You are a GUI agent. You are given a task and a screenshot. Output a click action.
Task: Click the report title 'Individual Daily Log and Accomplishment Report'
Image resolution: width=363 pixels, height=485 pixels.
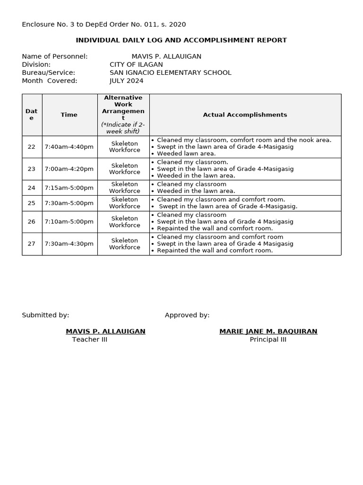[x=181, y=40]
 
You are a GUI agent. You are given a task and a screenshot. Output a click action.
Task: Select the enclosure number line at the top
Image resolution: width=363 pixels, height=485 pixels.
[x=104, y=25]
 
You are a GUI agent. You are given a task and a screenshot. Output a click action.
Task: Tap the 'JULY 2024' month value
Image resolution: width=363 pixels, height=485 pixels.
[x=126, y=81]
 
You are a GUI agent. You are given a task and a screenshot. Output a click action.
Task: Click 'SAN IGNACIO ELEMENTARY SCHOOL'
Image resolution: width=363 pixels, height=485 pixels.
[x=170, y=73]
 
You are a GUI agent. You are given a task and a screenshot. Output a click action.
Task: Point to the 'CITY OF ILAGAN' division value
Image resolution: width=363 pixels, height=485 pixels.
[x=136, y=65]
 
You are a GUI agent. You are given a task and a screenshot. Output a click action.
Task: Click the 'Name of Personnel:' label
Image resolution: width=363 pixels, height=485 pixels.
[x=55, y=56]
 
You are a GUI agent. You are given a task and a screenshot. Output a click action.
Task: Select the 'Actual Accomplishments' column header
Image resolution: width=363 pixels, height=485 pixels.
[x=245, y=115]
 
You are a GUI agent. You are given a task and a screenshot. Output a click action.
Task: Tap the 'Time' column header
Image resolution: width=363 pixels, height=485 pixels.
[x=69, y=115]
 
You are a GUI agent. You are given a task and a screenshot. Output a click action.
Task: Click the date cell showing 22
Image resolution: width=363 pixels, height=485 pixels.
[x=32, y=147]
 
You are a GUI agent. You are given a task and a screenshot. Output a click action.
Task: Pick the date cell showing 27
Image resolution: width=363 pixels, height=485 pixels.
[x=32, y=244]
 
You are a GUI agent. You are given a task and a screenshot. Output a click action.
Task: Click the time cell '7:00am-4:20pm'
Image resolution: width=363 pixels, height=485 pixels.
[x=69, y=169]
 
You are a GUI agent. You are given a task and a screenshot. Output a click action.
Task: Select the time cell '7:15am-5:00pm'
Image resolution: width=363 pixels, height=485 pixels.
[x=69, y=188]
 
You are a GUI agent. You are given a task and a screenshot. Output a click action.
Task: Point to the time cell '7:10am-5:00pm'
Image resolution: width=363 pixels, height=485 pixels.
[x=69, y=222]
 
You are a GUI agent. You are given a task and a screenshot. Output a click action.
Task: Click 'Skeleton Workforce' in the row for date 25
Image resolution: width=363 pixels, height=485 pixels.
[x=124, y=203]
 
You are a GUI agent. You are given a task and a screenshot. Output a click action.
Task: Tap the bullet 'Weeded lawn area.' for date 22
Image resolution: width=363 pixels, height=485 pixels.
[x=186, y=153]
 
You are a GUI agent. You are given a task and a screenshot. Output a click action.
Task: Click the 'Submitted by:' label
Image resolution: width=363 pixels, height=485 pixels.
[x=45, y=315]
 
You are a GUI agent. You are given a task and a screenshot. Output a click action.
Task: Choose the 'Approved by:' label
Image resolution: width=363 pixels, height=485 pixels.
[x=187, y=315]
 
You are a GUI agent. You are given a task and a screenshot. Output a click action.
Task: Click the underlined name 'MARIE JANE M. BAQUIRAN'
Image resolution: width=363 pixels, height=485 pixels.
[x=268, y=332]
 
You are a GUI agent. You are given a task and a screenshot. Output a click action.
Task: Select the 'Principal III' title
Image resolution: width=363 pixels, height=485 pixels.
[x=268, y=340]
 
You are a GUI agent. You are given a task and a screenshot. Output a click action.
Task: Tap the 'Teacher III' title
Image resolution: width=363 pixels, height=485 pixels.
[x=89, y=340]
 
